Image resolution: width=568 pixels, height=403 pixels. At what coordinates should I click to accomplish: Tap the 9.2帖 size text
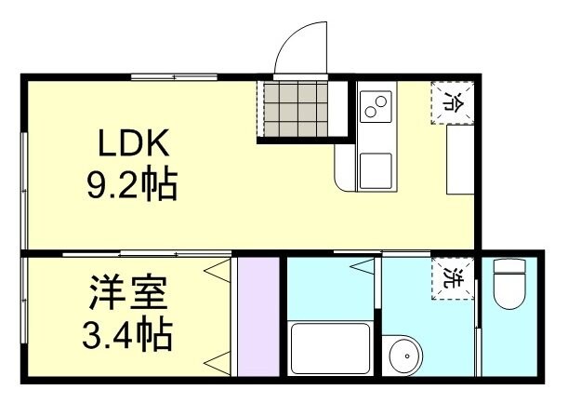pos(132,186)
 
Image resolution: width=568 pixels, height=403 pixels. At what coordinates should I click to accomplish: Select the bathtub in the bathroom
pos(331,348)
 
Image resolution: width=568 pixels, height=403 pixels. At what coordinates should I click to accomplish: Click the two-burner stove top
pos(375,108)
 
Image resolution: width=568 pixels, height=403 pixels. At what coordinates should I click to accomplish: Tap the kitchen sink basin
pos(376,170)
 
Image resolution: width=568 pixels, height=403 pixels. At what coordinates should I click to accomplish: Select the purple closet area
pos(258,316)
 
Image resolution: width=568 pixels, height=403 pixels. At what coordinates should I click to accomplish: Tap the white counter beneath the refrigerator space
pos(459,159)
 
